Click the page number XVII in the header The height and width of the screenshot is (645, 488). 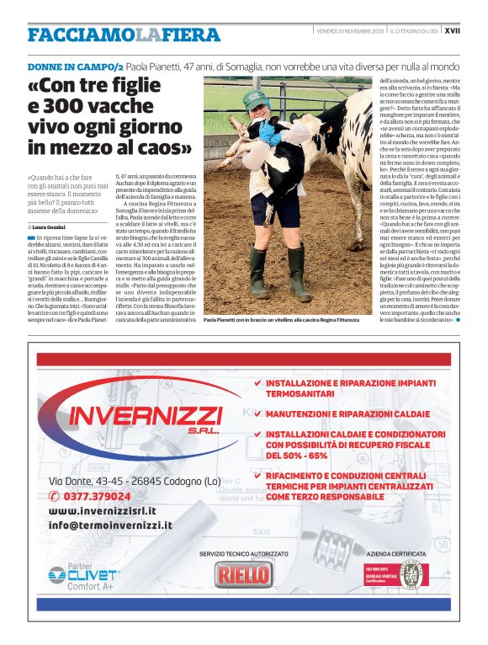click(452, 30)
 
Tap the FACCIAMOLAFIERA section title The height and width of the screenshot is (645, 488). click(124, 35)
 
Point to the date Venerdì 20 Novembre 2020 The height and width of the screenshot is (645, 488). click(350, 30)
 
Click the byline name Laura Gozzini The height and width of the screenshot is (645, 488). click(53, 227)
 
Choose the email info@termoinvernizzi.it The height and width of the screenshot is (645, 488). click(110, 525)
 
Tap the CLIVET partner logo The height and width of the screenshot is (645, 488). click(80, 574)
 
